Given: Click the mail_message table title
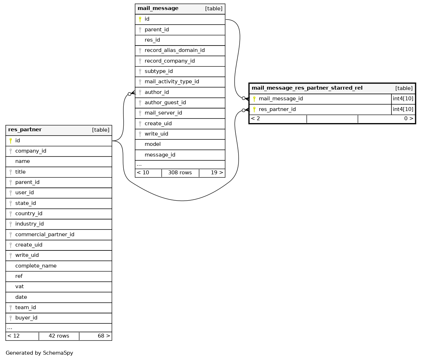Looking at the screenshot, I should coord(158,9).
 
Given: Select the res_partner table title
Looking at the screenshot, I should coord(25,130).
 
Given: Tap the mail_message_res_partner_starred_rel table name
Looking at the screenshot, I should coord(307,88).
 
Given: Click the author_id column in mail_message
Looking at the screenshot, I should coord(156,92).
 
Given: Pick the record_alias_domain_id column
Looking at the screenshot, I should coord(174,51).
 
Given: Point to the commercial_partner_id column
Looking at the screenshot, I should coord(44,235).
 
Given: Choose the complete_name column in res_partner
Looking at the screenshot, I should coord(36,266).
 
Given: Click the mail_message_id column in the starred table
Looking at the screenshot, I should coord(281,99).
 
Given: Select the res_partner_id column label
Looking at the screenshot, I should coord(277,110).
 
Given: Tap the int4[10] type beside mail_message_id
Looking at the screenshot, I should coord(403,99).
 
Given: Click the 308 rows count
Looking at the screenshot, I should coord(180,173).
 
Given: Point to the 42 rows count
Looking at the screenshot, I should coord(59,336).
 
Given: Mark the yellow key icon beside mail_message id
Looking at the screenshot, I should coord(140,19).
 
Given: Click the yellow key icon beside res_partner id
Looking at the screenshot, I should coord(11,141).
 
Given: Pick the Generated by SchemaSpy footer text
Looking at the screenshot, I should coord(39,353).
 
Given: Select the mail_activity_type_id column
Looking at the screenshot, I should coord(171,82).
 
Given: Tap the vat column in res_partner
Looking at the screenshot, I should coord(20,287).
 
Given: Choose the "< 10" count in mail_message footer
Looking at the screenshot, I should coord(143,173).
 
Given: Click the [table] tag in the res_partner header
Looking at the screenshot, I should coord(101,130).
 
